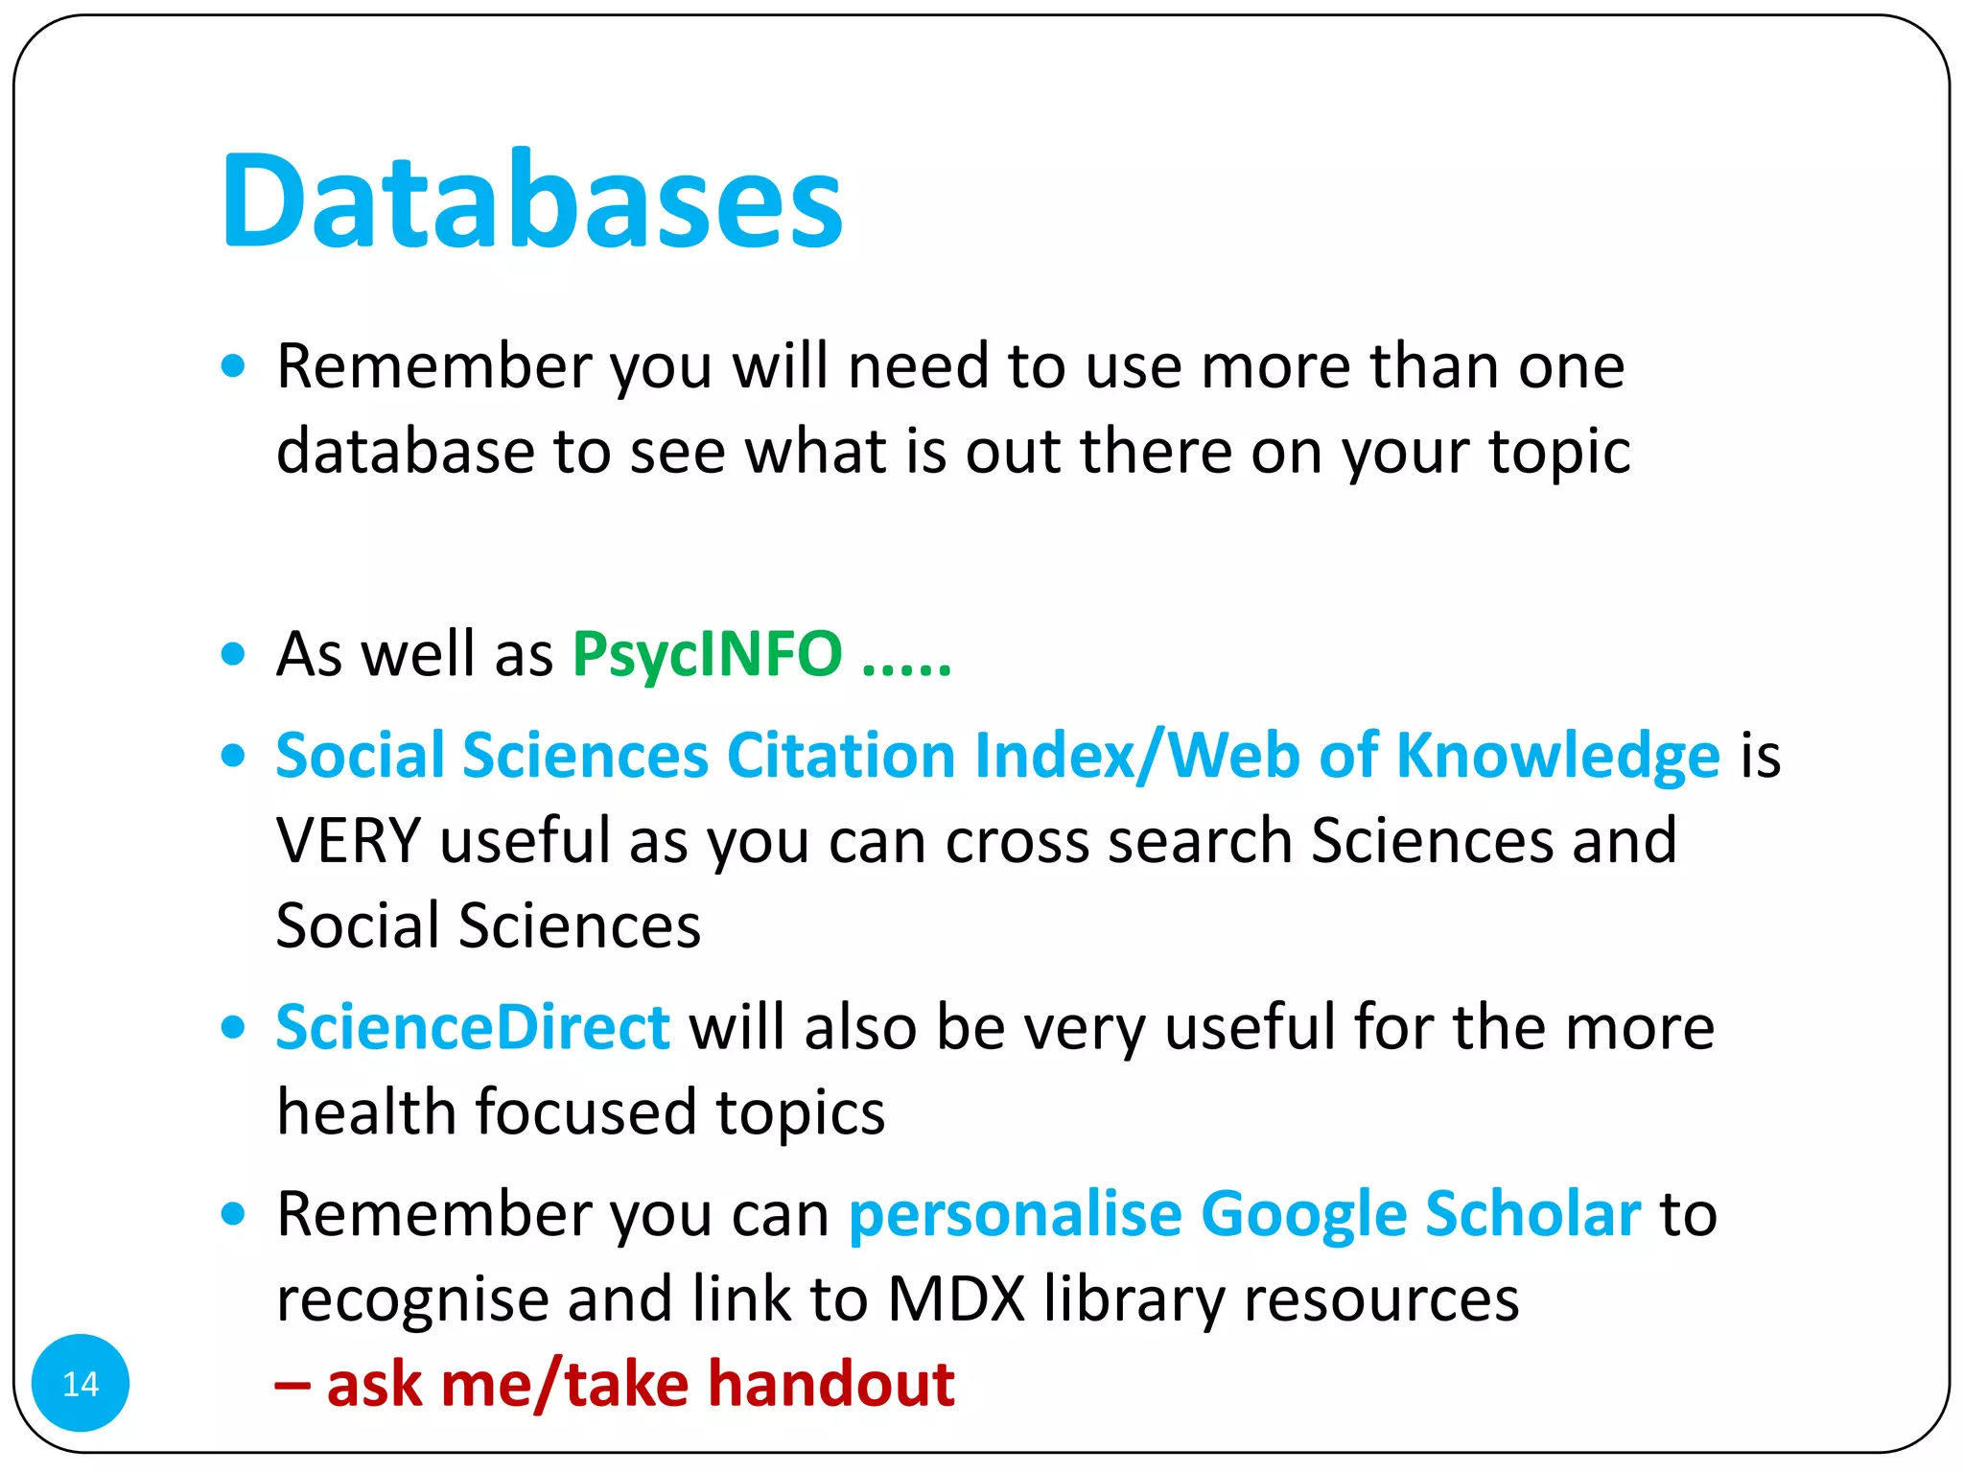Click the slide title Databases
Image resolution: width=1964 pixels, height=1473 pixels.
coord(531,201)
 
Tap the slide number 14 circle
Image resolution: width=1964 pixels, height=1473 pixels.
coord(81,1383)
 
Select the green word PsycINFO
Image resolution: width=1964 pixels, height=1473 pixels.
coord(707,654)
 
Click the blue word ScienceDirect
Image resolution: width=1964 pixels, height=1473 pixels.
coord(472,1027)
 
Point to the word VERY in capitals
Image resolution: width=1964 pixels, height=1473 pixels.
coord(348,840)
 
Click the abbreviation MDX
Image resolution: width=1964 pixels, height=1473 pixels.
coord(956,1298)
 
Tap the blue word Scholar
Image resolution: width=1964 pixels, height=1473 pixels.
coord(1532,1214)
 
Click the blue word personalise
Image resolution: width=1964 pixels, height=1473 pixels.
coord(1015,1214)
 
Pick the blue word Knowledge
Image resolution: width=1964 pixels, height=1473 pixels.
coord(1557,756)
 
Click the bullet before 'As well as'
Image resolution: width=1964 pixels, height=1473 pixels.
coord(232,654)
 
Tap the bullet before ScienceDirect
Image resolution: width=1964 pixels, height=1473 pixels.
coord(232,1027)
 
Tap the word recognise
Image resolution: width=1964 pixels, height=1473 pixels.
coord(412,1298)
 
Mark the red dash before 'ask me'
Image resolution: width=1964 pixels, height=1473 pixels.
coord(292,1386)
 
